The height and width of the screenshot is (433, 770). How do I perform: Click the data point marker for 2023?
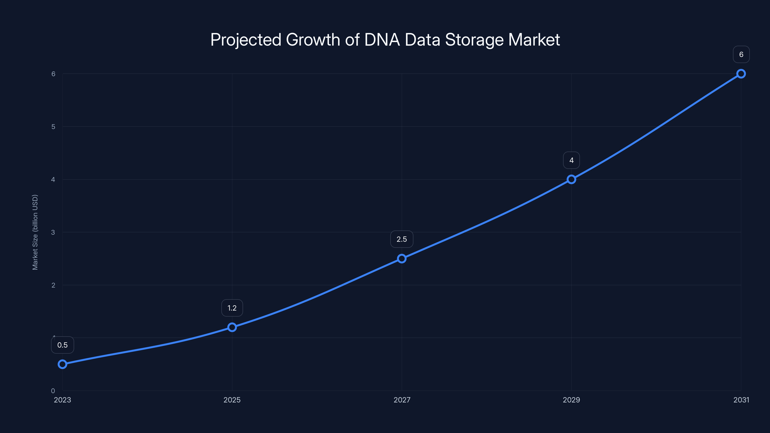coord(63,364)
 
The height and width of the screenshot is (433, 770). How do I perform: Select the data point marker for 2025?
coord(232,327)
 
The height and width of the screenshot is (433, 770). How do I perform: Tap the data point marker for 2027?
coord(402,259)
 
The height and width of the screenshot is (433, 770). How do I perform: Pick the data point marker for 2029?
coord(571,179)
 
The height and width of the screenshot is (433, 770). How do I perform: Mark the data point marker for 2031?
coord(741,74)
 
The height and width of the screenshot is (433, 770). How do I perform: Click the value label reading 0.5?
coord(63,345)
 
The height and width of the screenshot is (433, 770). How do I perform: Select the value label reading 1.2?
coord(232,308)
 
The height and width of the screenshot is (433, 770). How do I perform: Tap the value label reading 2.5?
coord(402,239)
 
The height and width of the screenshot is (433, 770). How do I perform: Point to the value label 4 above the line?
coord(571,160)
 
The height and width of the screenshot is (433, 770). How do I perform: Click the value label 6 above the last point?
coord(741,55)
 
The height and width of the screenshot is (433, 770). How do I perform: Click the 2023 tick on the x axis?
coord(63,400)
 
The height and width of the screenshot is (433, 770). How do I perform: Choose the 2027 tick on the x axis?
coord(402,400)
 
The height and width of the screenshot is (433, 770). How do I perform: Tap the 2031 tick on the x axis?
coord(741,400)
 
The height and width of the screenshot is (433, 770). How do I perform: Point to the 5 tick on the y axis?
coord(53,127)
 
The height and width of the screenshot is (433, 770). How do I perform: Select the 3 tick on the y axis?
coord(53,232)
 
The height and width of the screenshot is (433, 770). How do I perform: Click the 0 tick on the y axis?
coord(53,391)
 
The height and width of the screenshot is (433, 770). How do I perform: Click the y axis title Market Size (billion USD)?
coord(35,232)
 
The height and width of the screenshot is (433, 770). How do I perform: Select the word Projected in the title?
coord(246,40)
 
